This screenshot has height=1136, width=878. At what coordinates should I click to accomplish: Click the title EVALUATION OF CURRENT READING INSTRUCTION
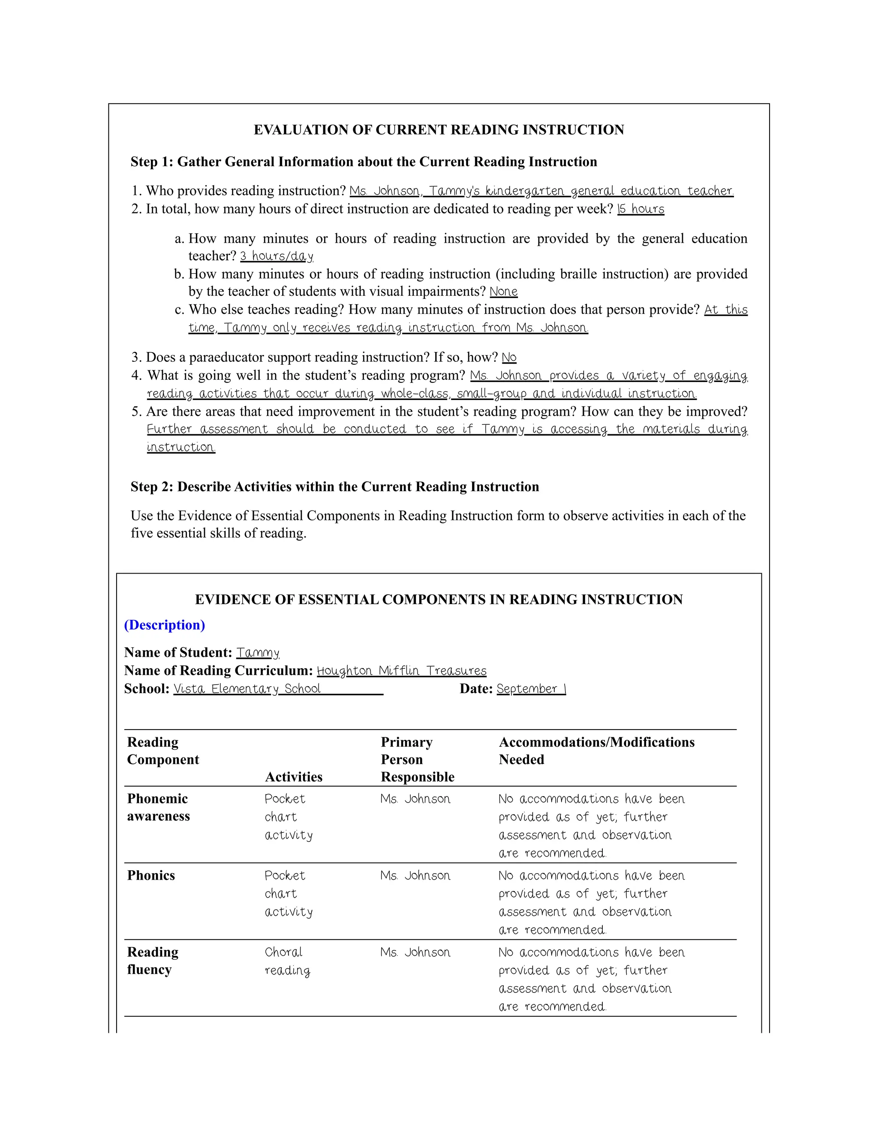tap(439, 129)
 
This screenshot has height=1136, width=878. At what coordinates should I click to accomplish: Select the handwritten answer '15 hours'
tap(641, 209)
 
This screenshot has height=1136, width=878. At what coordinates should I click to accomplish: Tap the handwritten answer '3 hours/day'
tap(276, 256)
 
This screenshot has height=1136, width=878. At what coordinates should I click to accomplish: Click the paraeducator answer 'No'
tap(509, 358)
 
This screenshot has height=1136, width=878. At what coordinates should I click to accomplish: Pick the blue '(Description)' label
tap(164, 625)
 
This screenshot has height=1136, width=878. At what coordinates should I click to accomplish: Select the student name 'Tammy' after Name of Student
tap(258, 652)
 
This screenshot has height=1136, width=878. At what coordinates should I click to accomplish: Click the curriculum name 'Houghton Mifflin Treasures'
tap(402, 670)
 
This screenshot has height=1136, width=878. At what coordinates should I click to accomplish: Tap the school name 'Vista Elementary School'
tap(247, 689)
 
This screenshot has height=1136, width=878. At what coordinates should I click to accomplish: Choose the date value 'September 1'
tap(531, 689)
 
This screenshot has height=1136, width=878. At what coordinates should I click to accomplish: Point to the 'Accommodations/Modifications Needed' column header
tap(597, 751)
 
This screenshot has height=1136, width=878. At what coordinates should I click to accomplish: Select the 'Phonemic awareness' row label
tap(158, 807)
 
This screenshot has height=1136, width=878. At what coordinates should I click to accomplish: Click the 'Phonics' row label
tap(151, 875)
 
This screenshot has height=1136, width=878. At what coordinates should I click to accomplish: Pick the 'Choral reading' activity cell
tap(287, 961)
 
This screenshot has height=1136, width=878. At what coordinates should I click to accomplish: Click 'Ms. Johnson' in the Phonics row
tap(415, 875)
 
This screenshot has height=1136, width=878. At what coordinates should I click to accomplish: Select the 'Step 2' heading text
tap(334, 487)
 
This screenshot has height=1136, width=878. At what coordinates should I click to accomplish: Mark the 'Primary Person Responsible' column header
tap(417, 760)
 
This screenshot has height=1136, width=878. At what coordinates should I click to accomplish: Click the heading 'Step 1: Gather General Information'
tap(364, 162)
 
